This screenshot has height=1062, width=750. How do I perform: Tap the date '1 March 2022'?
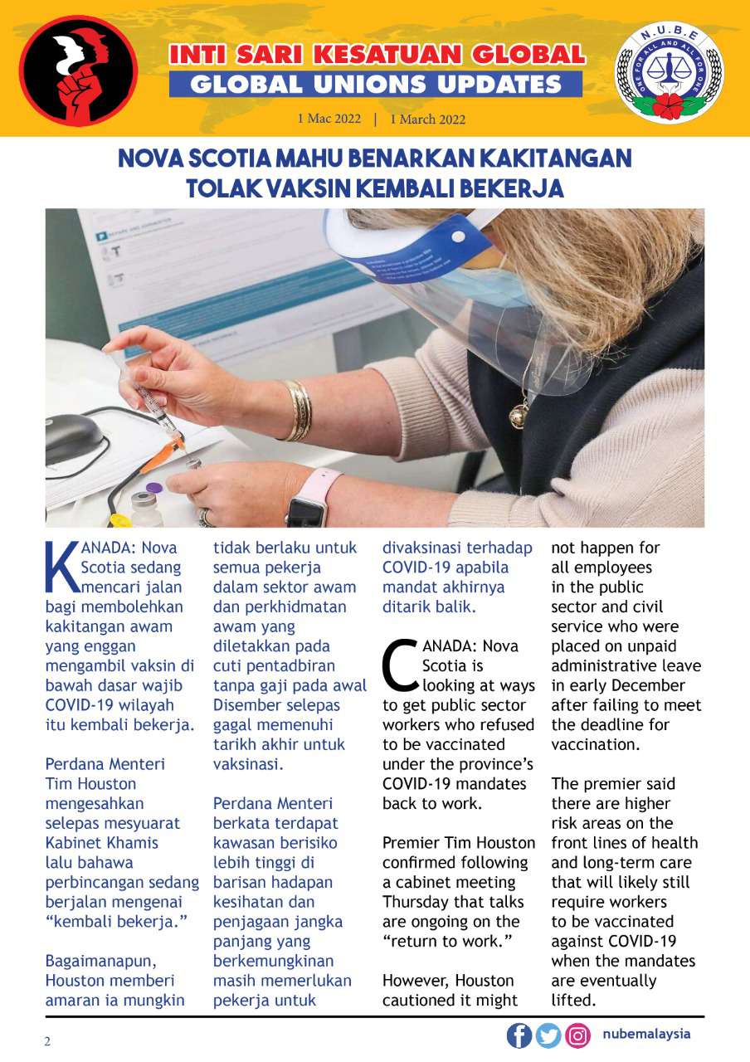[427, 119]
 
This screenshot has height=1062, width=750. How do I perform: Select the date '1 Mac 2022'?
[329, 119]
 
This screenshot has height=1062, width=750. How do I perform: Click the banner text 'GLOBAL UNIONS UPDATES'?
[376, 84]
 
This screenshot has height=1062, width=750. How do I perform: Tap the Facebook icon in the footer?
[519, 1035]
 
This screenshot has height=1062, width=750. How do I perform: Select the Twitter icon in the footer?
[548, 1035]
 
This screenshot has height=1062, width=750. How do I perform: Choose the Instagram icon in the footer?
[577, 1035]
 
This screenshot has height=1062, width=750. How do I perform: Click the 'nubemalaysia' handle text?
[646, 1035]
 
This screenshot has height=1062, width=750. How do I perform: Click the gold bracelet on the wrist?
[297, 411]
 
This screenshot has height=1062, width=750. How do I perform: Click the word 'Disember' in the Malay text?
[241, 705]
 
